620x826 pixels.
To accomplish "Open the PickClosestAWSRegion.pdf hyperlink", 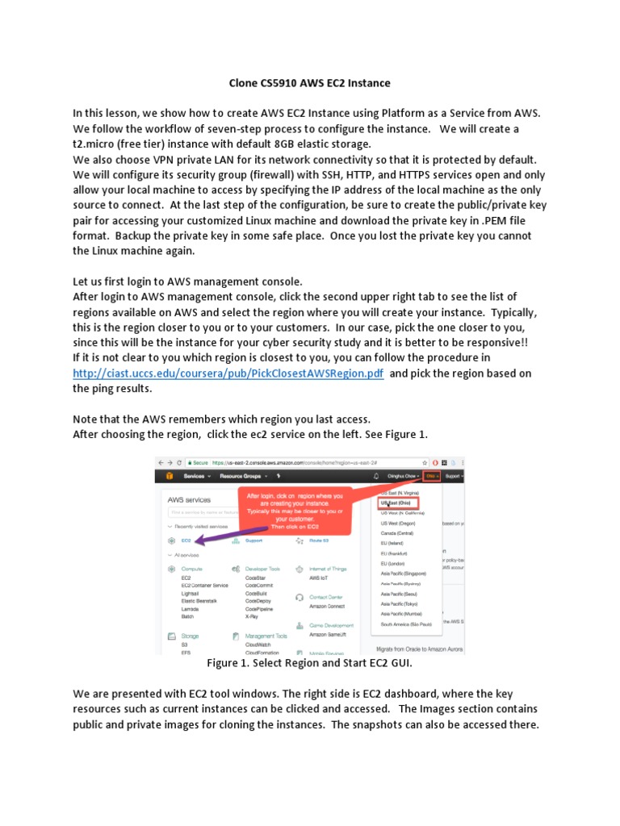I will coord(228,373).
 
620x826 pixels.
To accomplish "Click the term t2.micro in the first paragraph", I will coord(99,144).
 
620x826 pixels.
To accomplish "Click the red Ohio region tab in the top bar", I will coord(433,477).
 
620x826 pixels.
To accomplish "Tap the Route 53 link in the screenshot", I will coord(319,540).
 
